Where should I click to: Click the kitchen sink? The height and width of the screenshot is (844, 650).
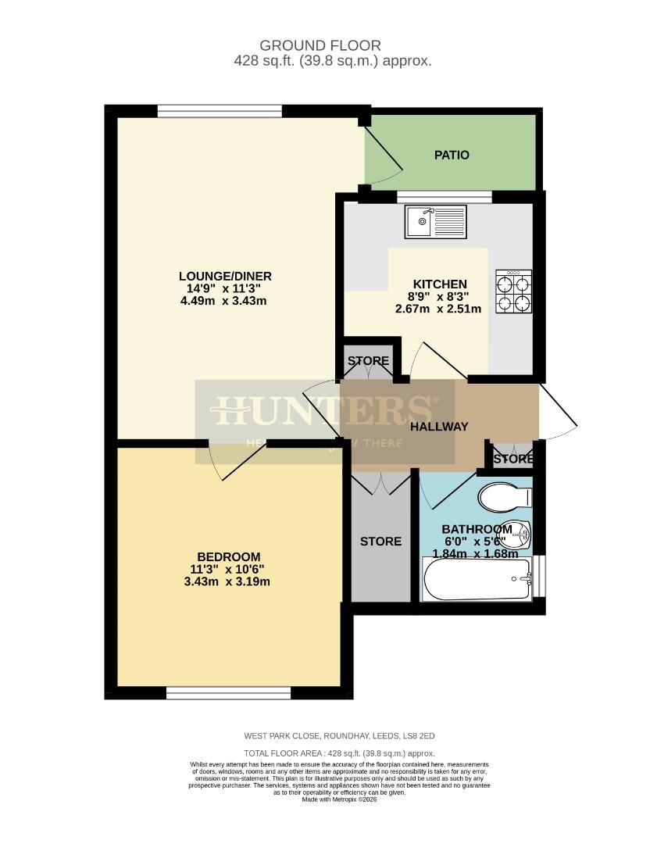point(434,221)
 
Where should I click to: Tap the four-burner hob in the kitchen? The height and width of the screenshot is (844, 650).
point(513,291)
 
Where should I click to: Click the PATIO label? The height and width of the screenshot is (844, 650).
point(452,155)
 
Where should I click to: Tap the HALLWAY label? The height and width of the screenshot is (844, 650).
point(439,426)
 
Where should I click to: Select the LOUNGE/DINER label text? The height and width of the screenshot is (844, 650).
point(225,276)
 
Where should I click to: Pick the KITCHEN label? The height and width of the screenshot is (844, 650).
point(440,284)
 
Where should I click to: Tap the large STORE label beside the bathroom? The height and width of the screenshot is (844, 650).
point(380,541)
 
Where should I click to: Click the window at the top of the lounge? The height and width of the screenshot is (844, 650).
point(219,111)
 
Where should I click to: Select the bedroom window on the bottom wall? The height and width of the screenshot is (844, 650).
point(228,692)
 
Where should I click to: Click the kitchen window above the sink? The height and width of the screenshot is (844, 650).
point(444,196)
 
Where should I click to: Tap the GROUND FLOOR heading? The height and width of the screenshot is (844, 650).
point(331,46)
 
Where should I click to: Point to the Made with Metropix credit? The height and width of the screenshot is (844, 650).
point(333,799)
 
